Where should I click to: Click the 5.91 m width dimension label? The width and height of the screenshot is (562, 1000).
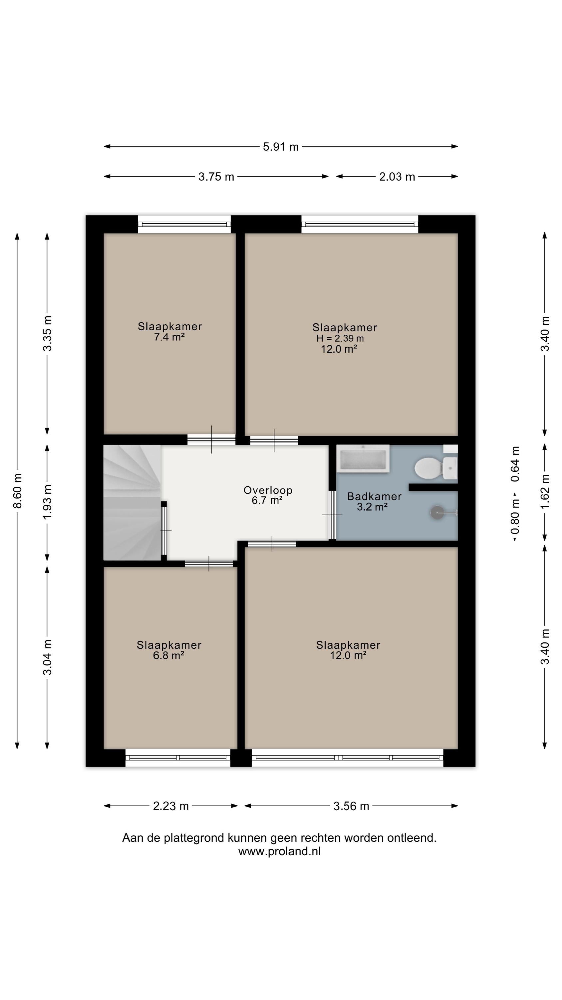[280, 147]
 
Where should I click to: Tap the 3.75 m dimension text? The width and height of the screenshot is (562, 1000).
[216, 177]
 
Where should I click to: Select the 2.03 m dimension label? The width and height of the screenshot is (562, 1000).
[397, 177]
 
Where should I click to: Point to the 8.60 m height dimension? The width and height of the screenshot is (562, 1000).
[17, 491]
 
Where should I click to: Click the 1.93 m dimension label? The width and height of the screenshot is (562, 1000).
[47, 502]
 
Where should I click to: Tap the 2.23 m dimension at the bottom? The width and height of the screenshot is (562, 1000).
[171, 806]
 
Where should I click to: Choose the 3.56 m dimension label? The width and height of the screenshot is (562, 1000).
[351, 806]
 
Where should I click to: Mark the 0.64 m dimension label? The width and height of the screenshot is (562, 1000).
[515, 464]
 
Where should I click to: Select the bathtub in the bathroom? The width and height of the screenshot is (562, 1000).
[363, 458]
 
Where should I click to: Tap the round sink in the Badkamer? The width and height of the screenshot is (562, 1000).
[437, 512]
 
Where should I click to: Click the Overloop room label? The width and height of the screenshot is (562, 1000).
[268, 490]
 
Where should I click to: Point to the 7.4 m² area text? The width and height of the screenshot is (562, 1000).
[169, 337]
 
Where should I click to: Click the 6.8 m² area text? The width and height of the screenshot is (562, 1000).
[168, 655]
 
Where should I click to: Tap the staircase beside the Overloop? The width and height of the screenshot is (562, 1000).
[132, 502]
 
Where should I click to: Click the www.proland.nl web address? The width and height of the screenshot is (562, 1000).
[279, 851]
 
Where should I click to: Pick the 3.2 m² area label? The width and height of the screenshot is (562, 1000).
[372, 506]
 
